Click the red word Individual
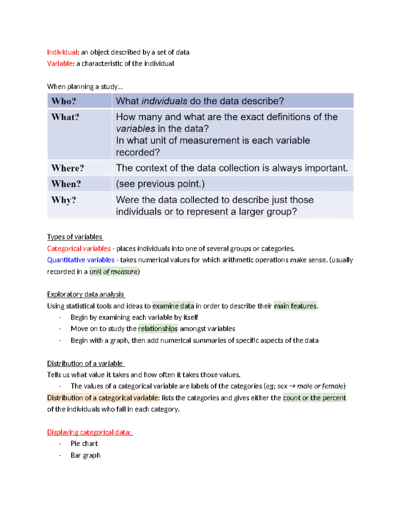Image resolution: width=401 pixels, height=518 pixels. [x=62, y=52]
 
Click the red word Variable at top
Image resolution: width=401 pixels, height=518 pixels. [x=60, y=64]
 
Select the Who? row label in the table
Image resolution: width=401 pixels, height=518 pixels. [x=63, y=101]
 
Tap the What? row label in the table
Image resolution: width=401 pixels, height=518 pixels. [x=65, y=117]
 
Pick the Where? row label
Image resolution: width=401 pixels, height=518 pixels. [x=68, y=168]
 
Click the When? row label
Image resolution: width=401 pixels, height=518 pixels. [x=66, y=184]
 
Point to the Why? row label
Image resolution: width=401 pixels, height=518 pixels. [x=63, y=200]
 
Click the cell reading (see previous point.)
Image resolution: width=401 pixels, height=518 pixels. [x=160, y=184]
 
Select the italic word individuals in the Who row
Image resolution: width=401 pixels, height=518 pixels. [x=164, y=101]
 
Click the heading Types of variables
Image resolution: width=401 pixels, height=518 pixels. [x=75, y=237]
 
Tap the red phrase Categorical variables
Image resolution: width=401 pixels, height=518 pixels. [x=79, y=248]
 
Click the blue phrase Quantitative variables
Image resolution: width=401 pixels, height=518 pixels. [x=81, y=260]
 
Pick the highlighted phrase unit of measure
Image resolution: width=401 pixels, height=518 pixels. [x=114, y=272]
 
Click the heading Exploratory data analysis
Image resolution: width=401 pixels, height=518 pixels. [x=86, y=294]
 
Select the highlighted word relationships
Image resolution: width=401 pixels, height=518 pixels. [x=158, y=329]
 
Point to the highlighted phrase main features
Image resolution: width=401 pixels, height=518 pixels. [x=295, y=306]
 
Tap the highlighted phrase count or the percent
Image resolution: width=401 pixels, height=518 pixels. [x=314, y=398]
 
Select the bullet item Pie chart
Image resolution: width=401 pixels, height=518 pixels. [x=84, y=444]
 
